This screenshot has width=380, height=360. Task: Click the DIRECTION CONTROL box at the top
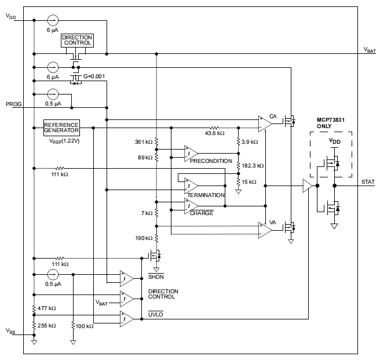pos(77,41)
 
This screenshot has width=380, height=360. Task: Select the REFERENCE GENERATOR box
pos(61,128)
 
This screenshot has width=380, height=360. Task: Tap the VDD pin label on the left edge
pos(11,17)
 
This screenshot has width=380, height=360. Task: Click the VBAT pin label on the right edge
pos(369,50)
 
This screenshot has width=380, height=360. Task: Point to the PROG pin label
pos(13,104)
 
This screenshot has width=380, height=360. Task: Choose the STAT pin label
pos(368,182)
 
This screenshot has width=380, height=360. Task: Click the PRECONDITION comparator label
pos(211,161)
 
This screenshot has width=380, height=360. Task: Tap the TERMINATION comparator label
pos(205,195)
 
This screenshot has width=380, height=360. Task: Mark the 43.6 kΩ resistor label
pos(214,134)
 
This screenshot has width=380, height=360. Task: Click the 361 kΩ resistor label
pos(144,142)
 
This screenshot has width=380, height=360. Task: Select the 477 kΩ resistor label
pos(47,308)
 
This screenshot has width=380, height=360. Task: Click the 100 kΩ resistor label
pos(85,326)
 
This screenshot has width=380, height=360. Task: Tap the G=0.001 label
pos(94,77)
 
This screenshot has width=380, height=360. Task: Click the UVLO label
pos(155,314)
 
